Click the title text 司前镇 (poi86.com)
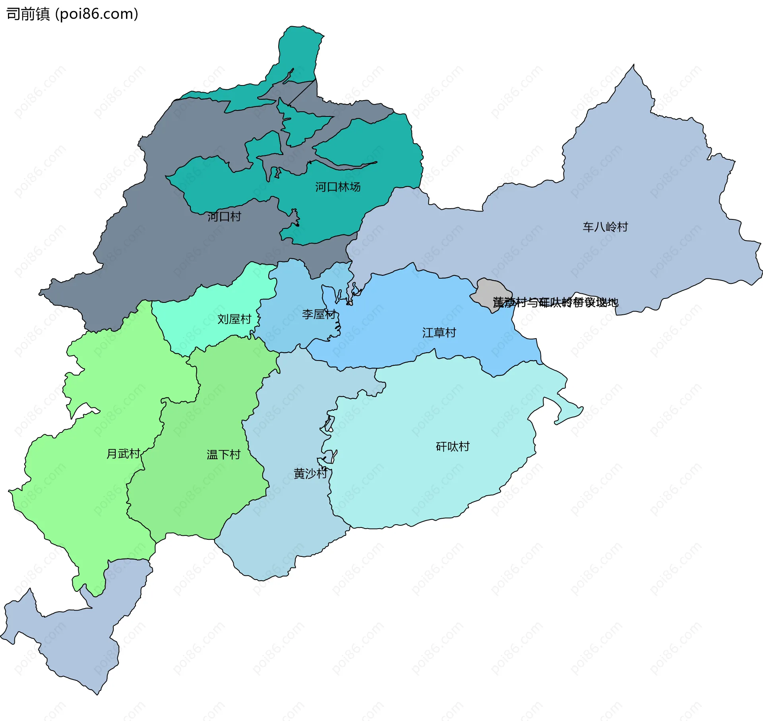(x=72, y=14)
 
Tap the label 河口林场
(x=338, y=187)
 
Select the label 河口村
(x=224, y=217)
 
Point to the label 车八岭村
(x=605, y=227)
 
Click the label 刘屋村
(x=234, y=319)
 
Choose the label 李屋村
(x=319, y=314)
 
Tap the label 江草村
(x=439, y=333)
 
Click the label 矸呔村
(x=453, y=447)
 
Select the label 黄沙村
(x=310, y=473)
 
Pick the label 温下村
(x=223, y=454)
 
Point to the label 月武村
(x=123, y=454)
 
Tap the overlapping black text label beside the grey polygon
(x=556, y=302)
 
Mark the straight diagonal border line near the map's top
(x=302, y=93)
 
